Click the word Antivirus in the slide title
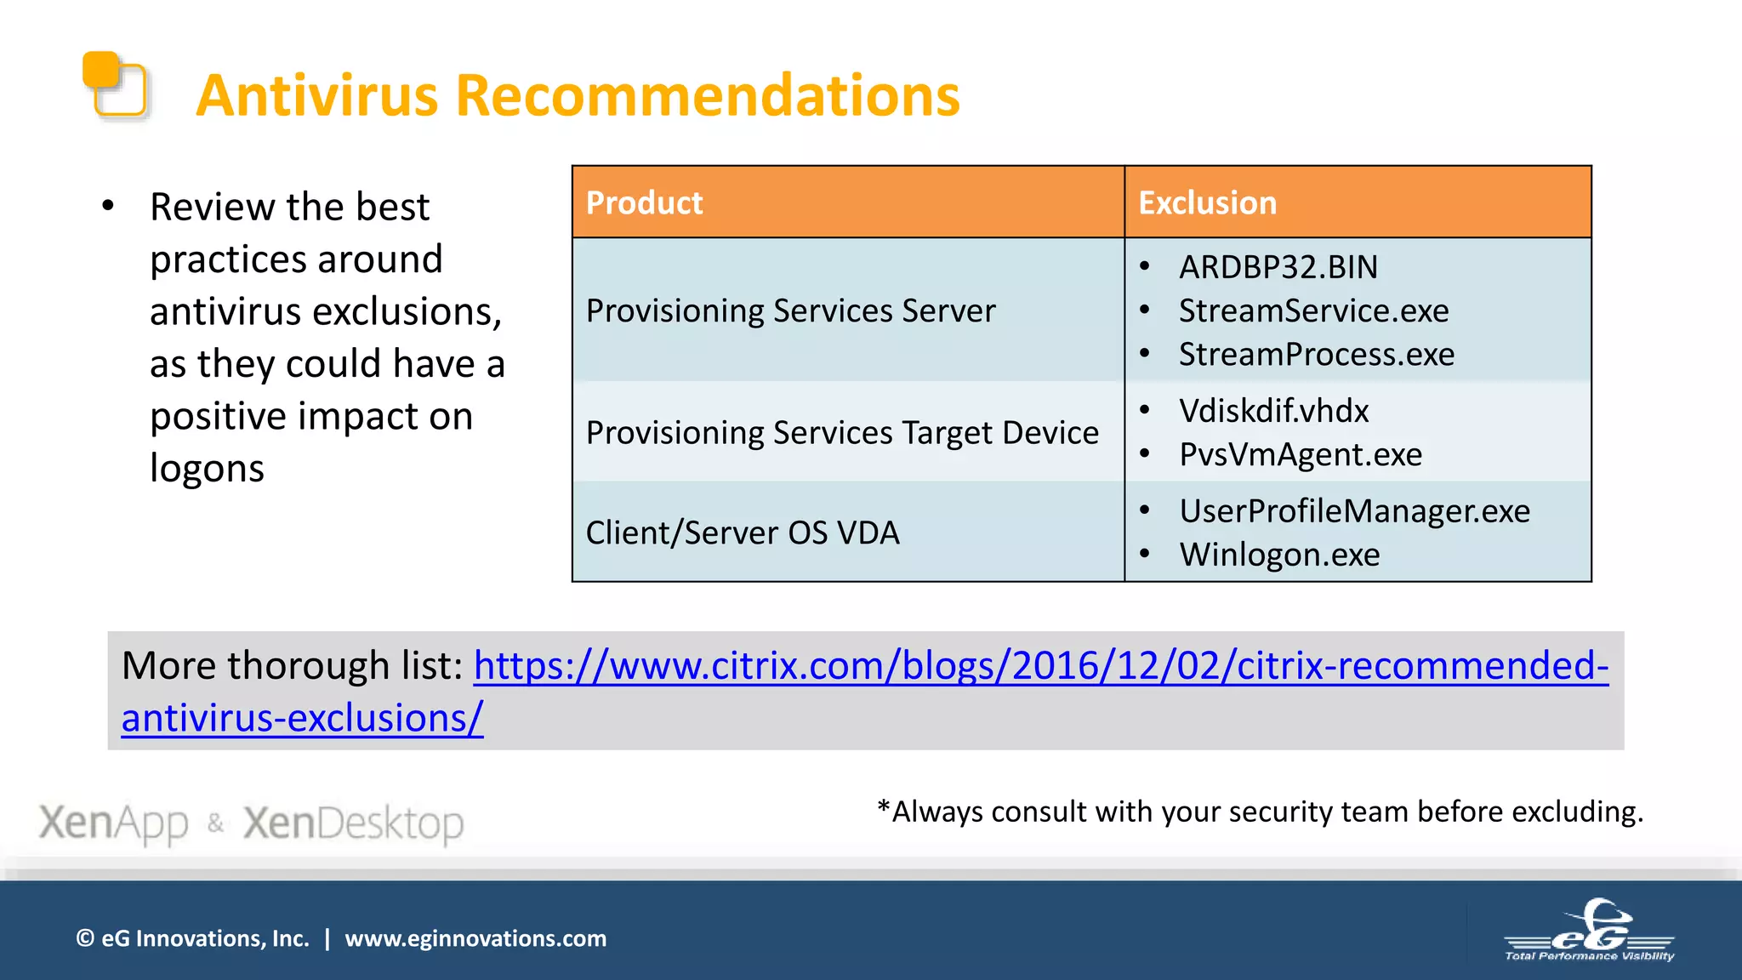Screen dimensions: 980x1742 pos(316,95)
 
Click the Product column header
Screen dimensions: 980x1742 pos(644,203)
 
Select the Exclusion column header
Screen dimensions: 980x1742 pos(1207,203)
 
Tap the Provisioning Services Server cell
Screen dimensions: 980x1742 pos(790,311)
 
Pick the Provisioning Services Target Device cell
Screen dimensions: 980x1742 pos(842,433)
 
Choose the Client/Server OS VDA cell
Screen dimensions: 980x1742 pos(742,533)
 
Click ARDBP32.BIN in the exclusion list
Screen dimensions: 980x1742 pos(1278,268)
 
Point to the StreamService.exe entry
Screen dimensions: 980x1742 pos(1313,311)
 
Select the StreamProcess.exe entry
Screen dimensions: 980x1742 pos(1316,355)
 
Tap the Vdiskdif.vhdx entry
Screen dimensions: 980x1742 pos(1273,412)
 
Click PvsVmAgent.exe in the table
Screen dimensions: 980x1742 pos(1300,455)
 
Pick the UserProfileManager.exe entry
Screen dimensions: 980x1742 pos(1354,511)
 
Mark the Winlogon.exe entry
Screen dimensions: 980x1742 pos(1279,556)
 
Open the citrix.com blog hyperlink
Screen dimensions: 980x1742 pos(1039,666)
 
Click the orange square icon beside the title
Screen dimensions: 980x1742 pos(115,83)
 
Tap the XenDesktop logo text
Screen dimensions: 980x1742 pos(353,823)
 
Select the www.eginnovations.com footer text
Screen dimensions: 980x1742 pos(475,939)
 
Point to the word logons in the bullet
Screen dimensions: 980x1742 pos(207,469)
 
